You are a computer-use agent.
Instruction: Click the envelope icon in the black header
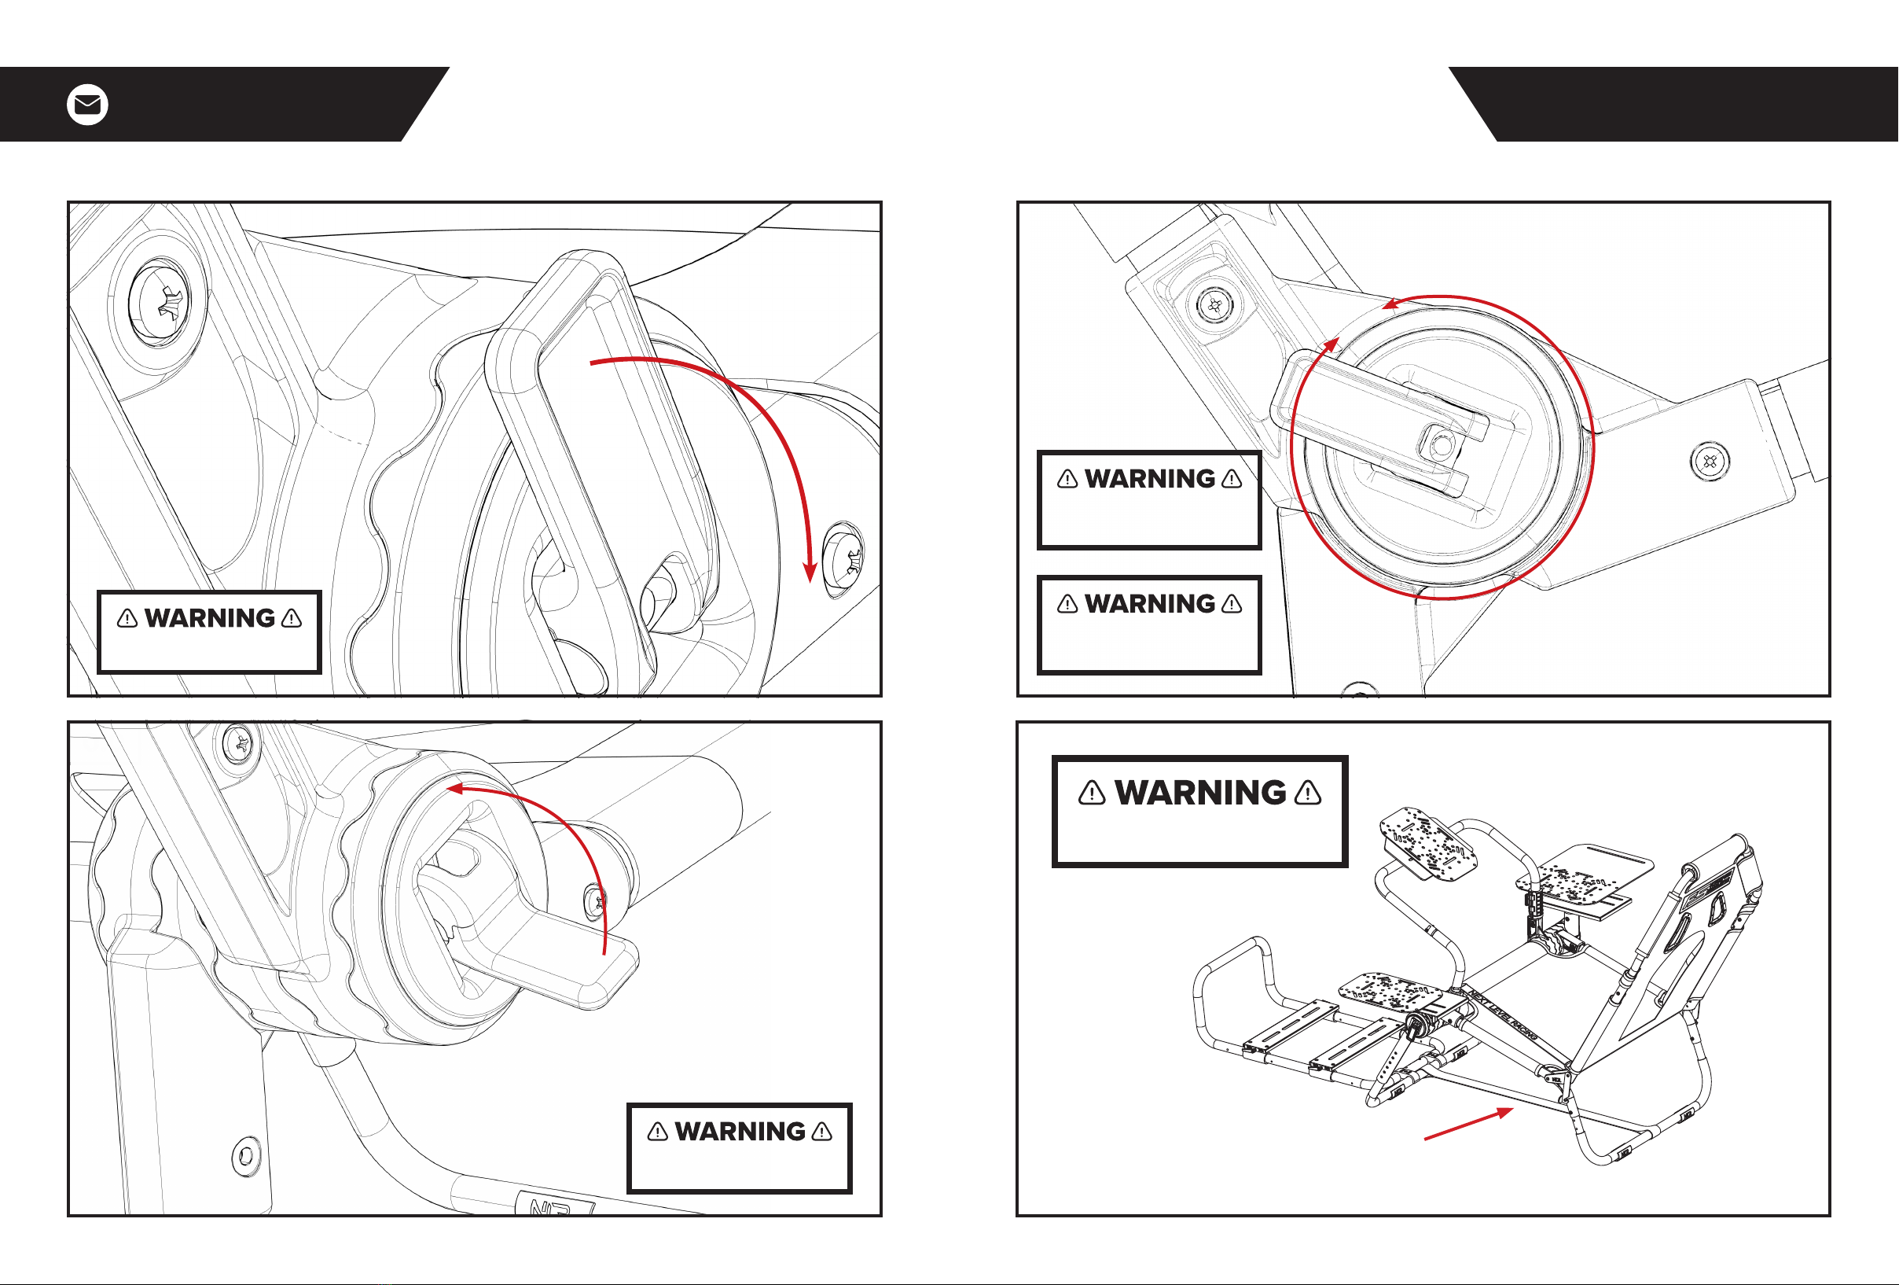[x=87, y=105]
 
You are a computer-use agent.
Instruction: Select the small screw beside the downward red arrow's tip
[x=844, y=558]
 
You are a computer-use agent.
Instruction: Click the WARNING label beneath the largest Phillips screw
[x=209, y=631]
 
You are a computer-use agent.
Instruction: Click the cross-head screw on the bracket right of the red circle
[x=1709, y=461]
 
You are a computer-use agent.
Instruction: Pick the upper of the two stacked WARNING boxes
[x=1149, y=499]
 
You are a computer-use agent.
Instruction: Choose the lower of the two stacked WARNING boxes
[x=1149, y=624]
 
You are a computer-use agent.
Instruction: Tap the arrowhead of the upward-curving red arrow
[x=455, y=789]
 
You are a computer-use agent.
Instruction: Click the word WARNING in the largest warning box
[x=1199, y=792]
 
